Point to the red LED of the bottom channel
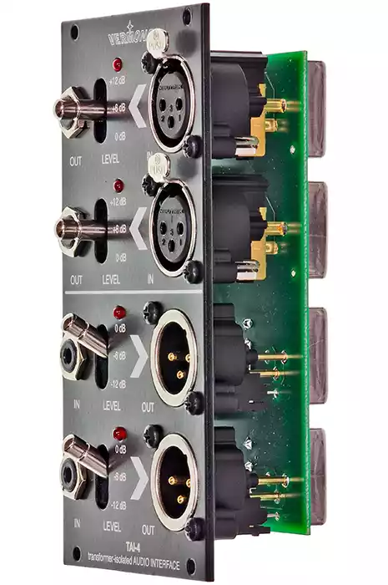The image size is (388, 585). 119,434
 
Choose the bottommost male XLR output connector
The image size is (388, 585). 174,481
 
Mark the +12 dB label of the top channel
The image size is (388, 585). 117,79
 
